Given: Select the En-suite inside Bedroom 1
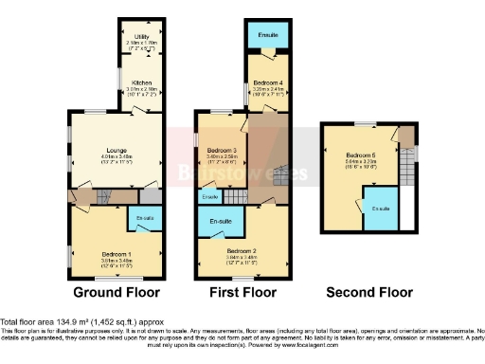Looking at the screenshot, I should [145, 219].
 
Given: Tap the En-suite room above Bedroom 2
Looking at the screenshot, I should [220, 221].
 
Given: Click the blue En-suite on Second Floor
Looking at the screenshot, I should [381, 209].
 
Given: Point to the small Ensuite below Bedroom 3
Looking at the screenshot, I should [210, 196].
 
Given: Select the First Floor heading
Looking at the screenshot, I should [242, 293].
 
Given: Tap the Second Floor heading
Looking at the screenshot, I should [369, 293].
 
